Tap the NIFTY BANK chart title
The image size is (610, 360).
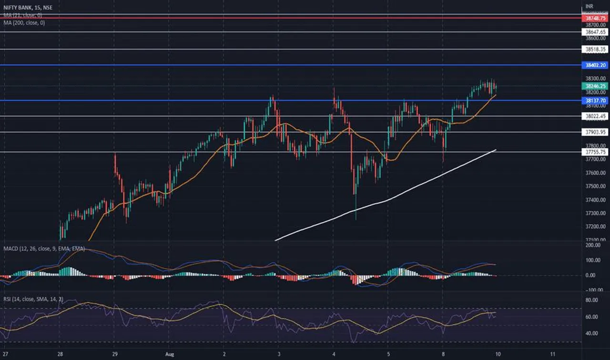(26, 8)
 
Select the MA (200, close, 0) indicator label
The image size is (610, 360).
(24, 23)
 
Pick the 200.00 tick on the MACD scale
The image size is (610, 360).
(592, 245)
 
